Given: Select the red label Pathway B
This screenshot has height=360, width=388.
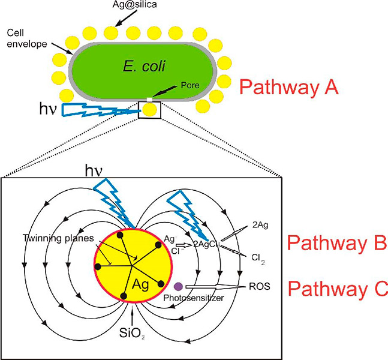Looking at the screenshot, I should pos(331,242).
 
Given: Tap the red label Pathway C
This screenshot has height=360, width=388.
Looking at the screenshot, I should pos(331,289).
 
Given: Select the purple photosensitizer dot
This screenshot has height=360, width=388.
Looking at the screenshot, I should pos(178,287).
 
